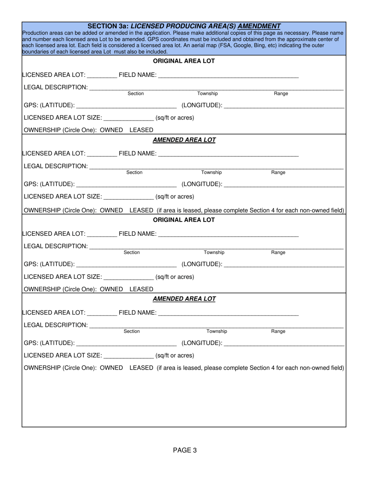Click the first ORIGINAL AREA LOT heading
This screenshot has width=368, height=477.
184,61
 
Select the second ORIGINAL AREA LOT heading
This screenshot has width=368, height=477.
184,220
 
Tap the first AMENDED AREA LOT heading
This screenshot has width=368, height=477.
184,140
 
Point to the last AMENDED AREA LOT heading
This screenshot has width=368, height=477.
184,299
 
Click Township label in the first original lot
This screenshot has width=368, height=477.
208,94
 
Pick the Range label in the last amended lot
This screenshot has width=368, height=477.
278,332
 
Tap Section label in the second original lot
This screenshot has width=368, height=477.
132,252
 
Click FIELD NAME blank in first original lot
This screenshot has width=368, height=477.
229,76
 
